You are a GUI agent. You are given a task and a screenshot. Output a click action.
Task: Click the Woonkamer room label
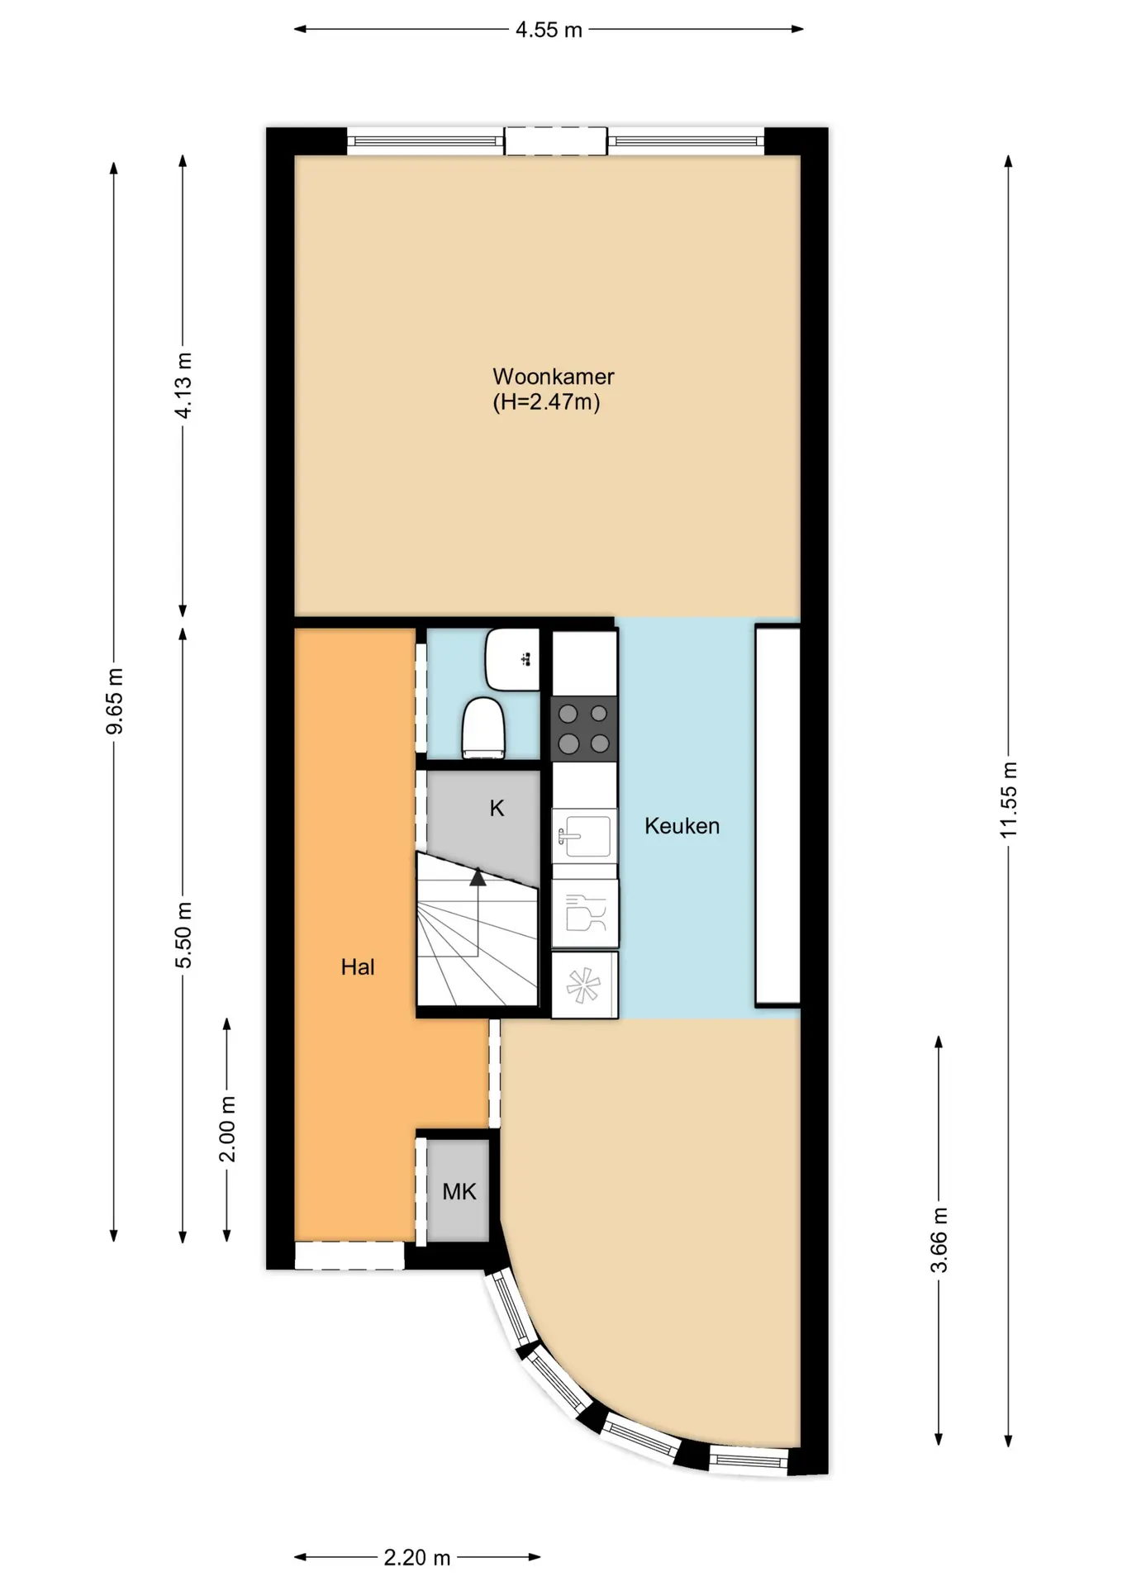553,377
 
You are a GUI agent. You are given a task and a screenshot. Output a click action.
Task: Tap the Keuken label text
682,826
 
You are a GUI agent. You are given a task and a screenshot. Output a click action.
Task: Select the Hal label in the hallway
358,967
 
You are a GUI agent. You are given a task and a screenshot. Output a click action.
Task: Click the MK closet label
459,1192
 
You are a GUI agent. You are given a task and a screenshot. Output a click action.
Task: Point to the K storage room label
497,808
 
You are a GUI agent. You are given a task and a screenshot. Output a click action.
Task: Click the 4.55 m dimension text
549,31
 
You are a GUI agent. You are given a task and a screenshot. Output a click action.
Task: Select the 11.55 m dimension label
1009,800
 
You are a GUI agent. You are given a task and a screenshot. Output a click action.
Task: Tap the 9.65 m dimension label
115,701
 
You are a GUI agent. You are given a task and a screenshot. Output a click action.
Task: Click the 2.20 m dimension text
416,1558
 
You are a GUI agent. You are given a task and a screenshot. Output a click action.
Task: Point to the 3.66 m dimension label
939,1240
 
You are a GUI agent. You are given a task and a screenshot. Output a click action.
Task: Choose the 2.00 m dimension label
227,1129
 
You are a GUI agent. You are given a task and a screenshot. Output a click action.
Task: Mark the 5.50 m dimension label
183,935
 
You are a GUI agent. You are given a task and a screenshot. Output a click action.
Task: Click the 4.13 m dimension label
183,386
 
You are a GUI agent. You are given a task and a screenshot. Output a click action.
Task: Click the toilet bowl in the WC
483,728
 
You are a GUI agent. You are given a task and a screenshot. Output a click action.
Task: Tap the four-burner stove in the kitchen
584,729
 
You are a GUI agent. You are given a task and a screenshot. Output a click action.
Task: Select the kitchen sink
584,836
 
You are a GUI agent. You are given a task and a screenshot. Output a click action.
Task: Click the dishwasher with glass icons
585,914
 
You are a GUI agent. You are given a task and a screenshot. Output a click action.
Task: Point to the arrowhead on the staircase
478,877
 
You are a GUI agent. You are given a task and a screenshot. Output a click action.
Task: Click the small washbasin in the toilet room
512,659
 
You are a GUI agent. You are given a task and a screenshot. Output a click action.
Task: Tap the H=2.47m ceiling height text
546,402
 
